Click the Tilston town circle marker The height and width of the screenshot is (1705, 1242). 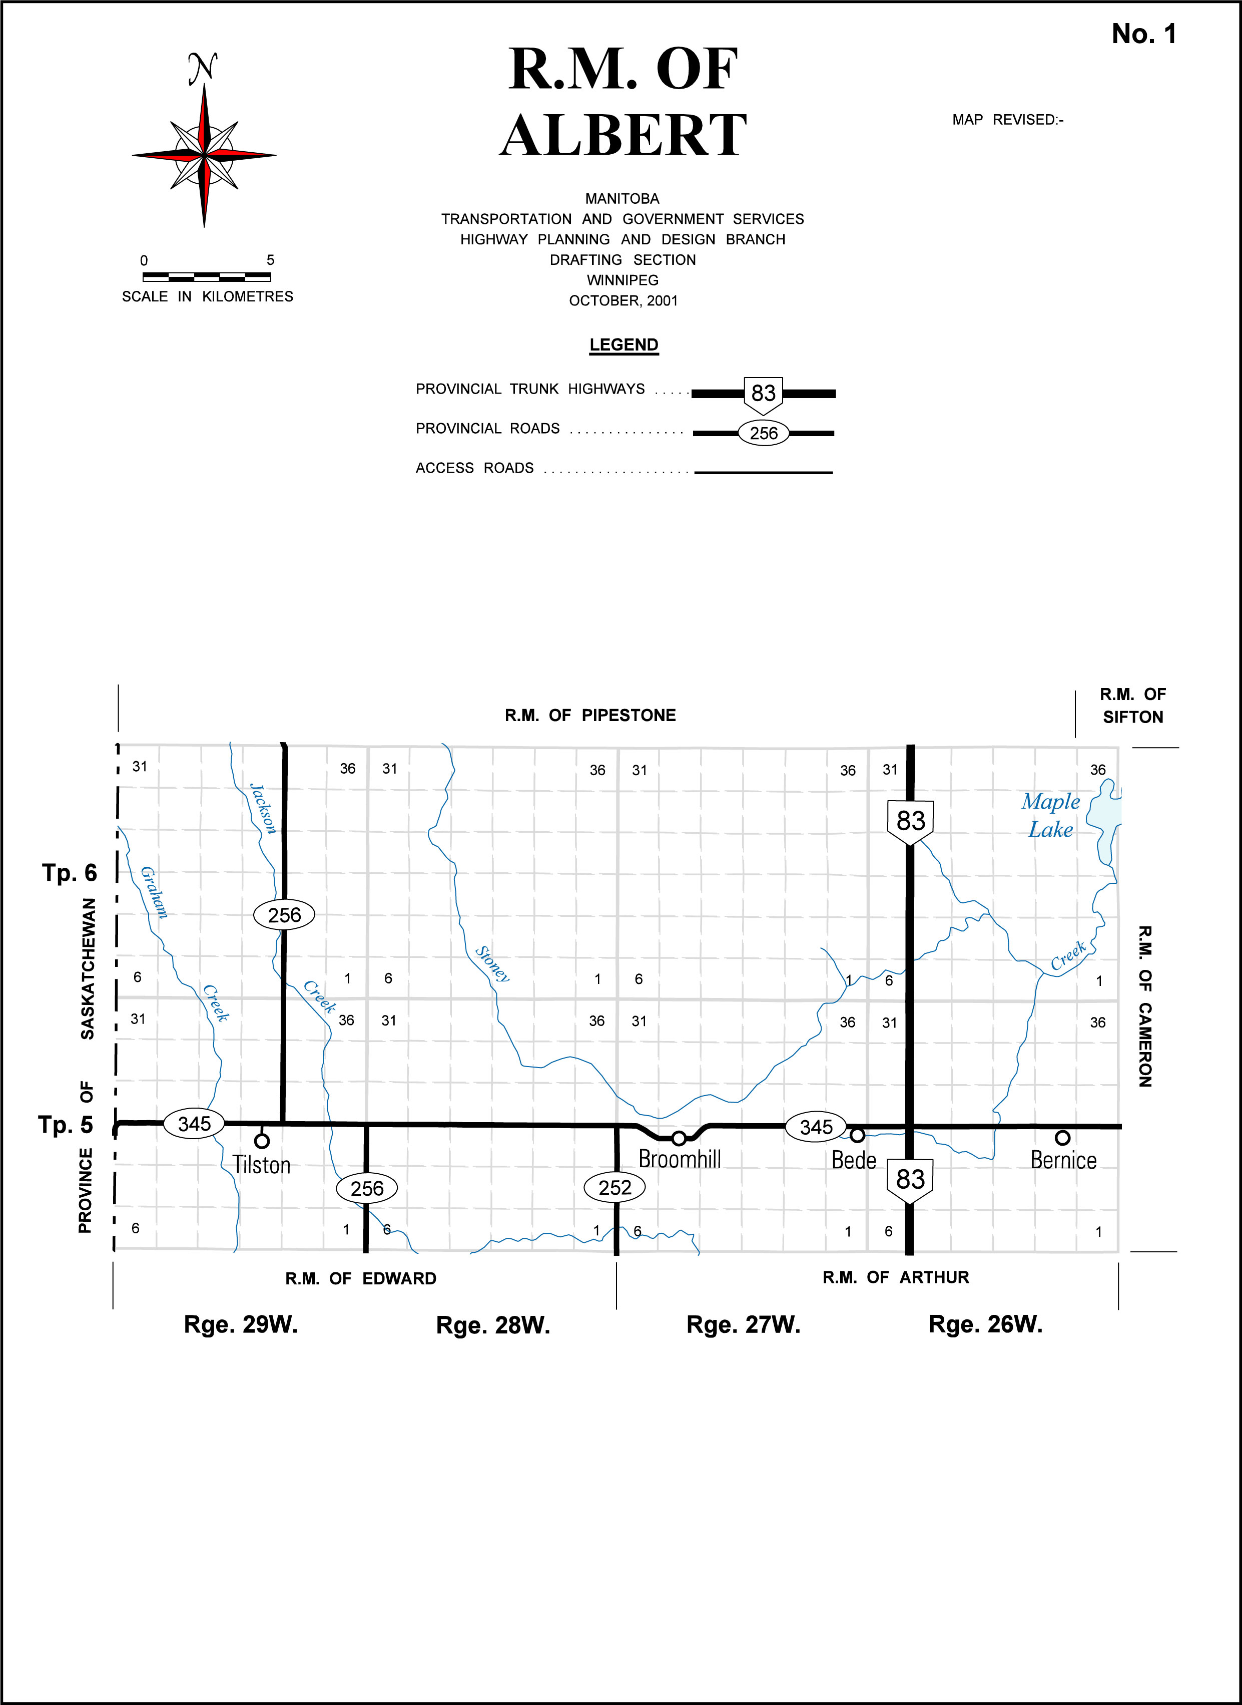coord(262,1141)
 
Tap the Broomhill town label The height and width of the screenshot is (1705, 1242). coord(680,1159)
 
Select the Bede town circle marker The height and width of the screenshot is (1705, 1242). coord(857,1135)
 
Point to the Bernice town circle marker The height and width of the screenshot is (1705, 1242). coord(1062,1137)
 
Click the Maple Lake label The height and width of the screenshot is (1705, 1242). coord(1050,815)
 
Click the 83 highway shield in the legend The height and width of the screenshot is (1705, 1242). coord(763,394)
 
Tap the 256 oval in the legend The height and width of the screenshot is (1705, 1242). coord(763,433)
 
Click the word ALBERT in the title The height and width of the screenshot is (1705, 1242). coord(624,135)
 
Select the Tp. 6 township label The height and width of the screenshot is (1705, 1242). coord(69,872)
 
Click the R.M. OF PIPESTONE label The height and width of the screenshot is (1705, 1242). coord(590,715)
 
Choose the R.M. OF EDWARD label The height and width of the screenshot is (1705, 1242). coord(361,1278)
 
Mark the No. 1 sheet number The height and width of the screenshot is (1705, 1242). coord(1143,34)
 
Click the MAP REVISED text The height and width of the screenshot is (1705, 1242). coord(1007,120)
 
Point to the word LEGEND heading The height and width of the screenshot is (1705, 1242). coord(624,345)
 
